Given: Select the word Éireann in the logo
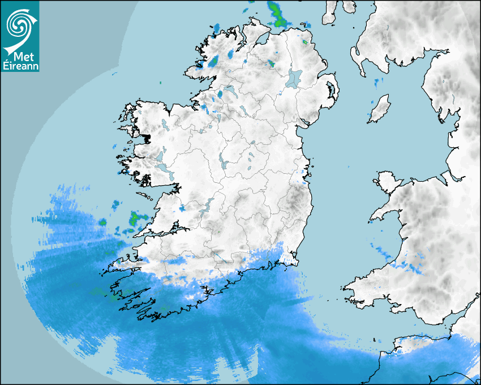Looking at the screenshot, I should pos(20,66).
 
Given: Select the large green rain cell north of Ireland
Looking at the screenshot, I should pos(277,15).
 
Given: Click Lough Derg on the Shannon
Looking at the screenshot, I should pos(208,204).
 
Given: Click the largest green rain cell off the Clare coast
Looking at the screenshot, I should pos(136,218).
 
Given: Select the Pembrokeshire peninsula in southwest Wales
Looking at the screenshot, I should pos(354,289).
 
